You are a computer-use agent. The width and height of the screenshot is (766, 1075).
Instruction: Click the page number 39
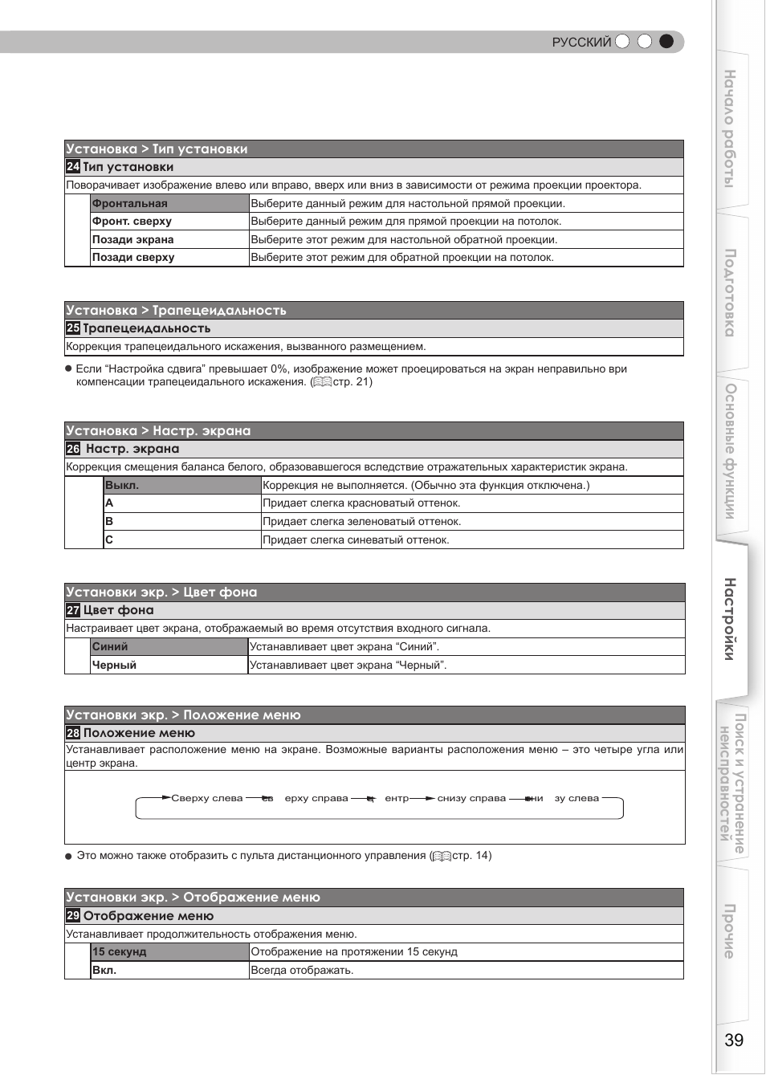[733, 1040]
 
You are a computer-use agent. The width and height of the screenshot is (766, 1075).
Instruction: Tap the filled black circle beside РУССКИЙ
[666, 42]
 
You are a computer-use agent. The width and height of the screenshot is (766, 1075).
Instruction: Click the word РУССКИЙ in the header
[581, 43]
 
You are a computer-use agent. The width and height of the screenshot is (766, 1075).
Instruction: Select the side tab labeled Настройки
[730, 619]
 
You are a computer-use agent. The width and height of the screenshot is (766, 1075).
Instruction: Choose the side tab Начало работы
[730, 128]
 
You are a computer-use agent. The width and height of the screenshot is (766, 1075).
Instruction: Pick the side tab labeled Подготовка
[730, 292]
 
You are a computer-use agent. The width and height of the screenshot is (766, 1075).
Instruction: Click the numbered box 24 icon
[73, 167]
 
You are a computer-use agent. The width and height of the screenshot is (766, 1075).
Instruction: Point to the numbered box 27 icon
[73, 610]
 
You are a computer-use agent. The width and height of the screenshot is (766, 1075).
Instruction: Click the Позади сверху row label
[133, 258]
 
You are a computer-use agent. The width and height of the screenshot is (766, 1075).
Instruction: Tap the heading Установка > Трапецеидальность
[176, 311]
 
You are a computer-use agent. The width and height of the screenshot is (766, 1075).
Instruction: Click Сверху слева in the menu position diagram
[206, 798]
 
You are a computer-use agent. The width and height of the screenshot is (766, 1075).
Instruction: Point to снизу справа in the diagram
[471, 798]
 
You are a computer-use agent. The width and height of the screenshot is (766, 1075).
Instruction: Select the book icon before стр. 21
[322, 382]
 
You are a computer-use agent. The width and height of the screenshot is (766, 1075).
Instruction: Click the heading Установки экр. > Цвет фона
[161, 592]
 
